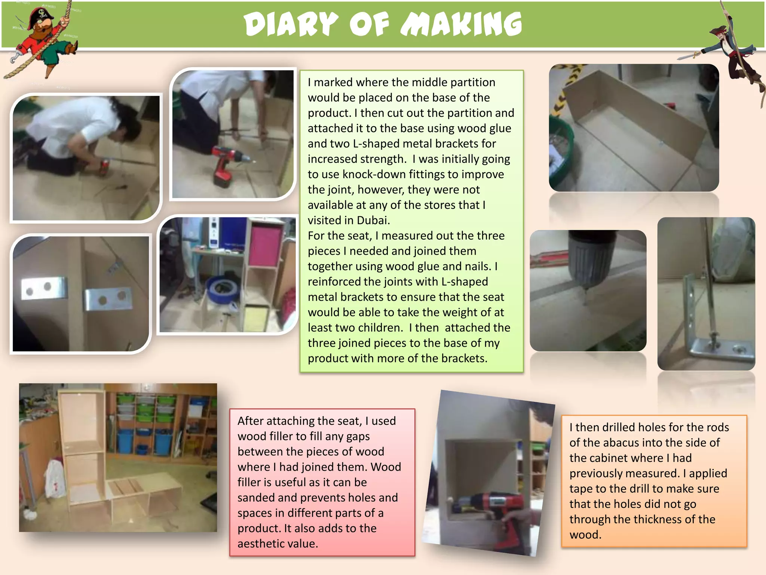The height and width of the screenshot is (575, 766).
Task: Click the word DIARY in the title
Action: coord(291,24)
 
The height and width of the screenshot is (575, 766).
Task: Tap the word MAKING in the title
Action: coord(461,24)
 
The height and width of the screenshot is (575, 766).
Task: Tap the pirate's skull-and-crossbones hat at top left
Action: coord(42,15)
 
